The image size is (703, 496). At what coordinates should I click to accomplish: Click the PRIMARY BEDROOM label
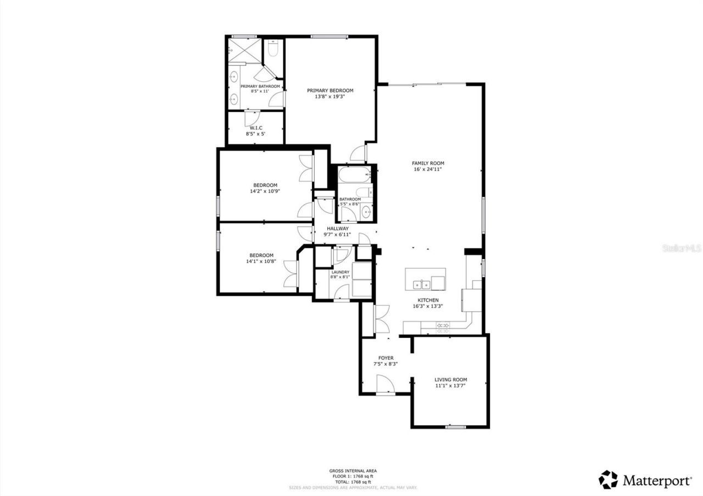tap(330, 91)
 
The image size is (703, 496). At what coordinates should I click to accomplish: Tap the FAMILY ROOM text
tap(428, 163)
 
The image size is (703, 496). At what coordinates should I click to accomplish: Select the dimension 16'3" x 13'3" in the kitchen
tap(428, 307)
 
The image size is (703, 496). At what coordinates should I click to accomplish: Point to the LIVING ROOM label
tap(450, 380)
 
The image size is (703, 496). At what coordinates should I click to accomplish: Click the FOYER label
tap(386, 358)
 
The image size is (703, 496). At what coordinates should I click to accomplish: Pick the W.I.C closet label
tap(255, 127)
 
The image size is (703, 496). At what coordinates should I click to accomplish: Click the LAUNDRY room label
tap(340, 272)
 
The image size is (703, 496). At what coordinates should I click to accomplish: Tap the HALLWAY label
tap(338, 228)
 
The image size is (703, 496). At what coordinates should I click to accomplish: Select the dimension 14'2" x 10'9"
tap(265, 191)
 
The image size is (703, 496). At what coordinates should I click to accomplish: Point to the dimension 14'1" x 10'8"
tap(261, 262)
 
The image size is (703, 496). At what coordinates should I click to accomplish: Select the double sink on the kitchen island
tap(422, 284)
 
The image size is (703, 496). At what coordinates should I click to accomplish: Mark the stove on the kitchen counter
tap(443, 326)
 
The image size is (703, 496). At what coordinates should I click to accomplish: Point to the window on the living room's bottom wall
tap(455, 426)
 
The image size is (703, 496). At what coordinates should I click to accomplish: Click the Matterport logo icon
tap(608, 480)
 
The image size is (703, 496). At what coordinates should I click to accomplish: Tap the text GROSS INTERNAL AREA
tap(353, 471)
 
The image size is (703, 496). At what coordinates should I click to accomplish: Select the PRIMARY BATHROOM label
tap(260, 86)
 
